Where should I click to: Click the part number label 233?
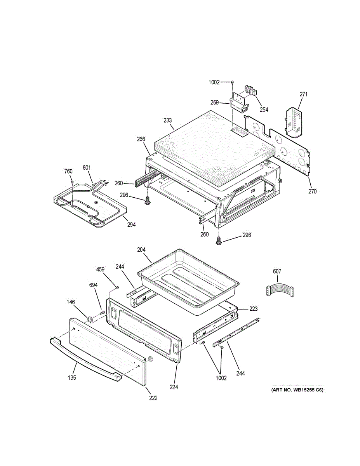pos(167,121)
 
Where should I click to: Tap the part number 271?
pos(303,94)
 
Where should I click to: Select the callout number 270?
pos(312,191)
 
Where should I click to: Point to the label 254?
pos(264,110)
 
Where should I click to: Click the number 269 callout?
pos(225,103)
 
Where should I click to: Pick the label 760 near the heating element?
pos(68,171)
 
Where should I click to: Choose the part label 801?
pos(87,168)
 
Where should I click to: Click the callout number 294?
pos(131,224)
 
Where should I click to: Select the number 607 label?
pos(277,271)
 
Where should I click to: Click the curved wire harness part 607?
pos(280,290)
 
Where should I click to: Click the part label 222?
pos(153,398)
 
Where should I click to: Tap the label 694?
pos(93,285)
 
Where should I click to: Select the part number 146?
pos(71,302)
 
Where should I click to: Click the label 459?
pos(101,269)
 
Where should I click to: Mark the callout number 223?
pos(253,309)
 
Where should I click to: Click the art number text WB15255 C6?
pos(295,390)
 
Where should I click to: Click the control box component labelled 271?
pos(295,122)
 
